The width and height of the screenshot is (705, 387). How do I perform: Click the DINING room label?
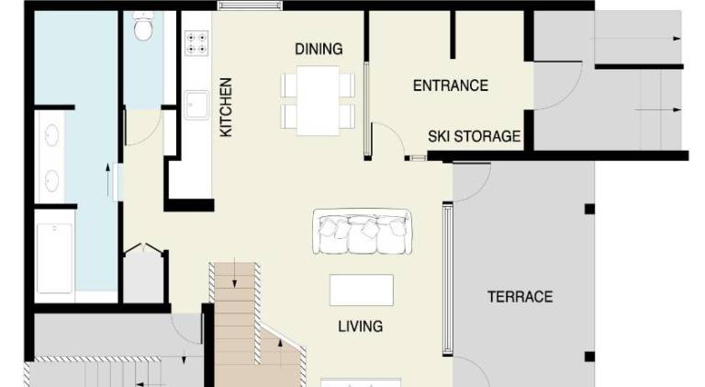point(319,49)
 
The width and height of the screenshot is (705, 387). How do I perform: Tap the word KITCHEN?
point(226,108)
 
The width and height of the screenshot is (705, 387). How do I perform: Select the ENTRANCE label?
point(451,85)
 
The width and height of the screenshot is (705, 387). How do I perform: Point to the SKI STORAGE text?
point(475,136)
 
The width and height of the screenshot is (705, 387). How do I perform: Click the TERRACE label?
point(520,297)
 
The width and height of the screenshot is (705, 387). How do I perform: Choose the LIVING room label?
point(361,325)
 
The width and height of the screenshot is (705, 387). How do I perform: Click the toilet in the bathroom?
point(143,27)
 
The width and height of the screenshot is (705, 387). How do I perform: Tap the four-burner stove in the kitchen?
point(196,43)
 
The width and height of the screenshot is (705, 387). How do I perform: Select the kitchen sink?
point(196,106)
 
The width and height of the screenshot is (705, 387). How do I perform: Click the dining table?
point(318,101)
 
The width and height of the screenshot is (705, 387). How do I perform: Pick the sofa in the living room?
point(363,232)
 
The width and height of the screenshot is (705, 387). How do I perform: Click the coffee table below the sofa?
point(362,290)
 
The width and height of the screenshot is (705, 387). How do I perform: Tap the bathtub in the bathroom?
point(54,258)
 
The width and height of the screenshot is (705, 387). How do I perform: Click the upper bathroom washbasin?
point(51,135)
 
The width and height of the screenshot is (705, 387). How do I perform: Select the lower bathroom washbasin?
point(51,181)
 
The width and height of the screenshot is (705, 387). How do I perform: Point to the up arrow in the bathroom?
point(108,180)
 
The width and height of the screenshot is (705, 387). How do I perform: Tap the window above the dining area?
point(250,6)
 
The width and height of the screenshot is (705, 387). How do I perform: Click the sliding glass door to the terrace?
point(448,279)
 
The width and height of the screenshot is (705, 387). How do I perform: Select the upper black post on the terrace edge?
point(589,209)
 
